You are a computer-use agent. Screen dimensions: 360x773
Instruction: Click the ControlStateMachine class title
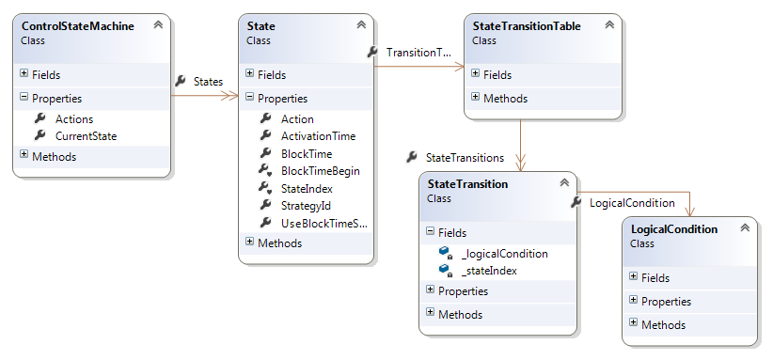[x=77, y=26]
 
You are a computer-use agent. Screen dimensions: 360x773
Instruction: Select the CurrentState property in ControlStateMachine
[x=86, y=136]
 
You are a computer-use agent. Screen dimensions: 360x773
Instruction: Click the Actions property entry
[x=74, y=118]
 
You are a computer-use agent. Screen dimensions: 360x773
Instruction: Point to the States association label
[x=208, y=82]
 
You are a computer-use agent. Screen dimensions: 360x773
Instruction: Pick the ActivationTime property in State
[x=318, y=136]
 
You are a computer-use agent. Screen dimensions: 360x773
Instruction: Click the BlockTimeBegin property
[x=320, y=171]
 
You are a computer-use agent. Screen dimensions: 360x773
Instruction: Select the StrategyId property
[x=306, y=205]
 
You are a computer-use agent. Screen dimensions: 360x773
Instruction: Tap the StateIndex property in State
[x=307, y=188]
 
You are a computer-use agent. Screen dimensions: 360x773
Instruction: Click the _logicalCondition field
[x=504, y=253]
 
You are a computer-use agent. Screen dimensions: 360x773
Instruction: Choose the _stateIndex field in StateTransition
[x=489, y=271]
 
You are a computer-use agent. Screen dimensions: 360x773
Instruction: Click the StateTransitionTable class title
[x=527, y=26]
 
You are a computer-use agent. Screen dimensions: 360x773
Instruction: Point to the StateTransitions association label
[x=465, y=158]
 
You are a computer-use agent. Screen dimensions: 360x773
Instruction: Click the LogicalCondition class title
[x=674, y=228]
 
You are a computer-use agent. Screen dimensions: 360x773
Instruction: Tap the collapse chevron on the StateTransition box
[x=564, y=182]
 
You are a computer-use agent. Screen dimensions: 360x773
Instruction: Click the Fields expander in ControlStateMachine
[x=24, y=73]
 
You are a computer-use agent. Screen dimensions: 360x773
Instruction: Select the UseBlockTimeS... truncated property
[x=323, y=223]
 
